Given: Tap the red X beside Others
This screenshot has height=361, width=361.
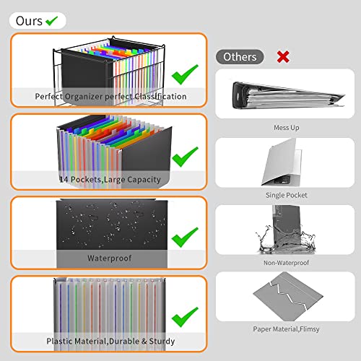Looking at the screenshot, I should click(284, 56).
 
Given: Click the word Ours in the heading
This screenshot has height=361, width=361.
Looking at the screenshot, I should click(27, 21).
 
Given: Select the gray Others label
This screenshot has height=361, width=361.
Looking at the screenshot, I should click(240, 56).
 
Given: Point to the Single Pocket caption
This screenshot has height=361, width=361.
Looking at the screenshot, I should click(286, 195).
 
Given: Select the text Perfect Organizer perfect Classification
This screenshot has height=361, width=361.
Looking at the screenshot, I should click(110, 96).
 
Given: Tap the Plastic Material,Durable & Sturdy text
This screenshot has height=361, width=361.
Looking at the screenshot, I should click(110, 341).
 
